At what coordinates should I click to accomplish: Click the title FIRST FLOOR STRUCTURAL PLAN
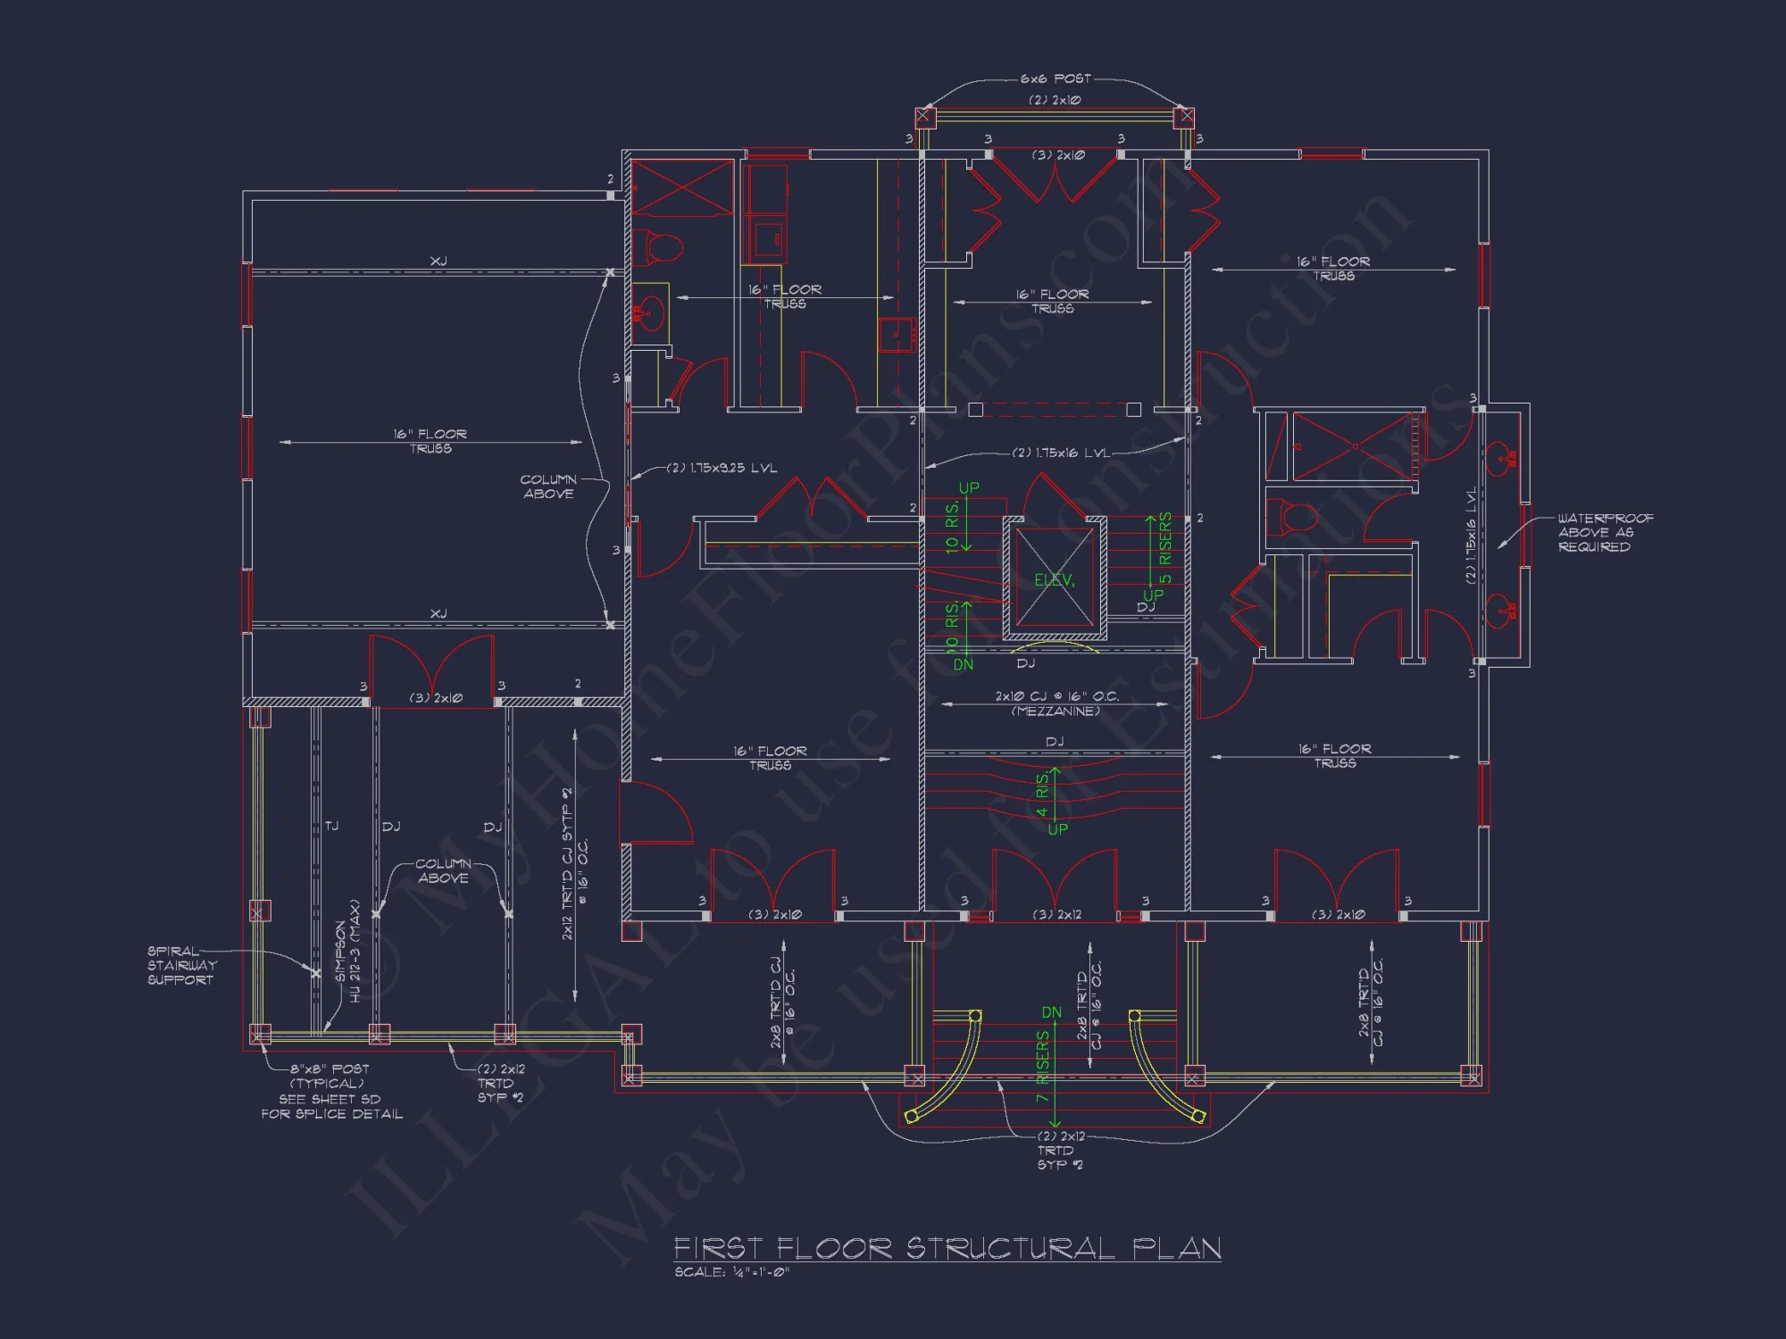pyautogui.click(x=947, y=1248)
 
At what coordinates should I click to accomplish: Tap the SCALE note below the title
pyautogui.click(x=731, y=1272)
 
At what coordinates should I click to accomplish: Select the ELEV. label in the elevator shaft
pyautogui.click(x=1055, y=580)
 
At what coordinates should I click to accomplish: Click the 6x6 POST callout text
pyautogui.click(x=1056, y=79)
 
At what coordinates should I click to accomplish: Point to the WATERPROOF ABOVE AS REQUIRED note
pyautogui.click(x=1605, y=532)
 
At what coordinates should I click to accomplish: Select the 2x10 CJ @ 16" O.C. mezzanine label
pyautogui.click(x=1056, y=703)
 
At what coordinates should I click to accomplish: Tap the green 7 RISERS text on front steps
pyautogui.click(x=1043, y=1067)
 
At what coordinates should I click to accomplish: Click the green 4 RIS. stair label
pyautogui.click(x=1043, y=794)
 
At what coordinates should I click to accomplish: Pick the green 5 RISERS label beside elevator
pyautogui.click(x=1165, y=548)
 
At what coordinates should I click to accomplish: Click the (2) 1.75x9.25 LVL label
pyautogui.click(x=722, y=468)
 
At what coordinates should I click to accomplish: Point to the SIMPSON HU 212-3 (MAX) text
pyautogui.click(x=347, y=952)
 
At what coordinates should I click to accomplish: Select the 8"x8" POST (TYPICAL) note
pyautogui.click(x=329, y=1076)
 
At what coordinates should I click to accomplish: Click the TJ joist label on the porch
pyautogui.click(x=332, y=826)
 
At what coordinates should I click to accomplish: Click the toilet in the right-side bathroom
pyautogui.click(x=1292, y=518)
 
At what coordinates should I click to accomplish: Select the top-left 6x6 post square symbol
pyautogui.click(x=924, y=116)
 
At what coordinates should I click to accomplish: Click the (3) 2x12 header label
pyautogui.click(x=1056, y=914)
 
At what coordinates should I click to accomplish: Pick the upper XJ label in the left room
pyautogui.click(x=438, y=261)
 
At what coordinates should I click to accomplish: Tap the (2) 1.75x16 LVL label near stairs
pyautogui.click(x=1061, y=453)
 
